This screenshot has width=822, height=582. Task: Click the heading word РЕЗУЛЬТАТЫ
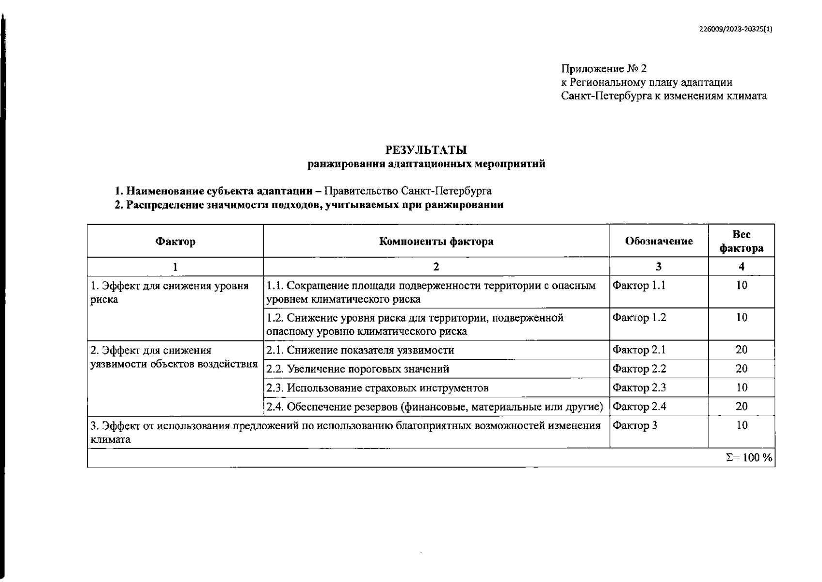[426, 150]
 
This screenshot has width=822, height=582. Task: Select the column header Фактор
[175, 241]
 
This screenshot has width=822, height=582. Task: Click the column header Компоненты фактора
[436, 241]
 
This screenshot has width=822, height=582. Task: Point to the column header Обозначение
[659, 241]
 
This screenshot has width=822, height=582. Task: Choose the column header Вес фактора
[741, 241]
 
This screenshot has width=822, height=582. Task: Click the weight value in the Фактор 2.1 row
[741, 350]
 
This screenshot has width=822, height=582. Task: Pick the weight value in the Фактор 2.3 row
[741, 388]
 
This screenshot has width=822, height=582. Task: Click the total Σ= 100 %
[748, 458]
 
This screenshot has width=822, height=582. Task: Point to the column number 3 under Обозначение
[658, 266]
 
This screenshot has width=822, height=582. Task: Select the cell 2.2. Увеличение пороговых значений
[358, 369]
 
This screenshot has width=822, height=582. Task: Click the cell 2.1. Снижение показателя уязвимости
[360, 350]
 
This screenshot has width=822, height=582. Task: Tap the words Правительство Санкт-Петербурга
[408, 191]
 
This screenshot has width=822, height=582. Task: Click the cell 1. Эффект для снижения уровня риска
[169, 292]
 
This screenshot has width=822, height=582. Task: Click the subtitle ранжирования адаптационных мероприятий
[426, 164]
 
